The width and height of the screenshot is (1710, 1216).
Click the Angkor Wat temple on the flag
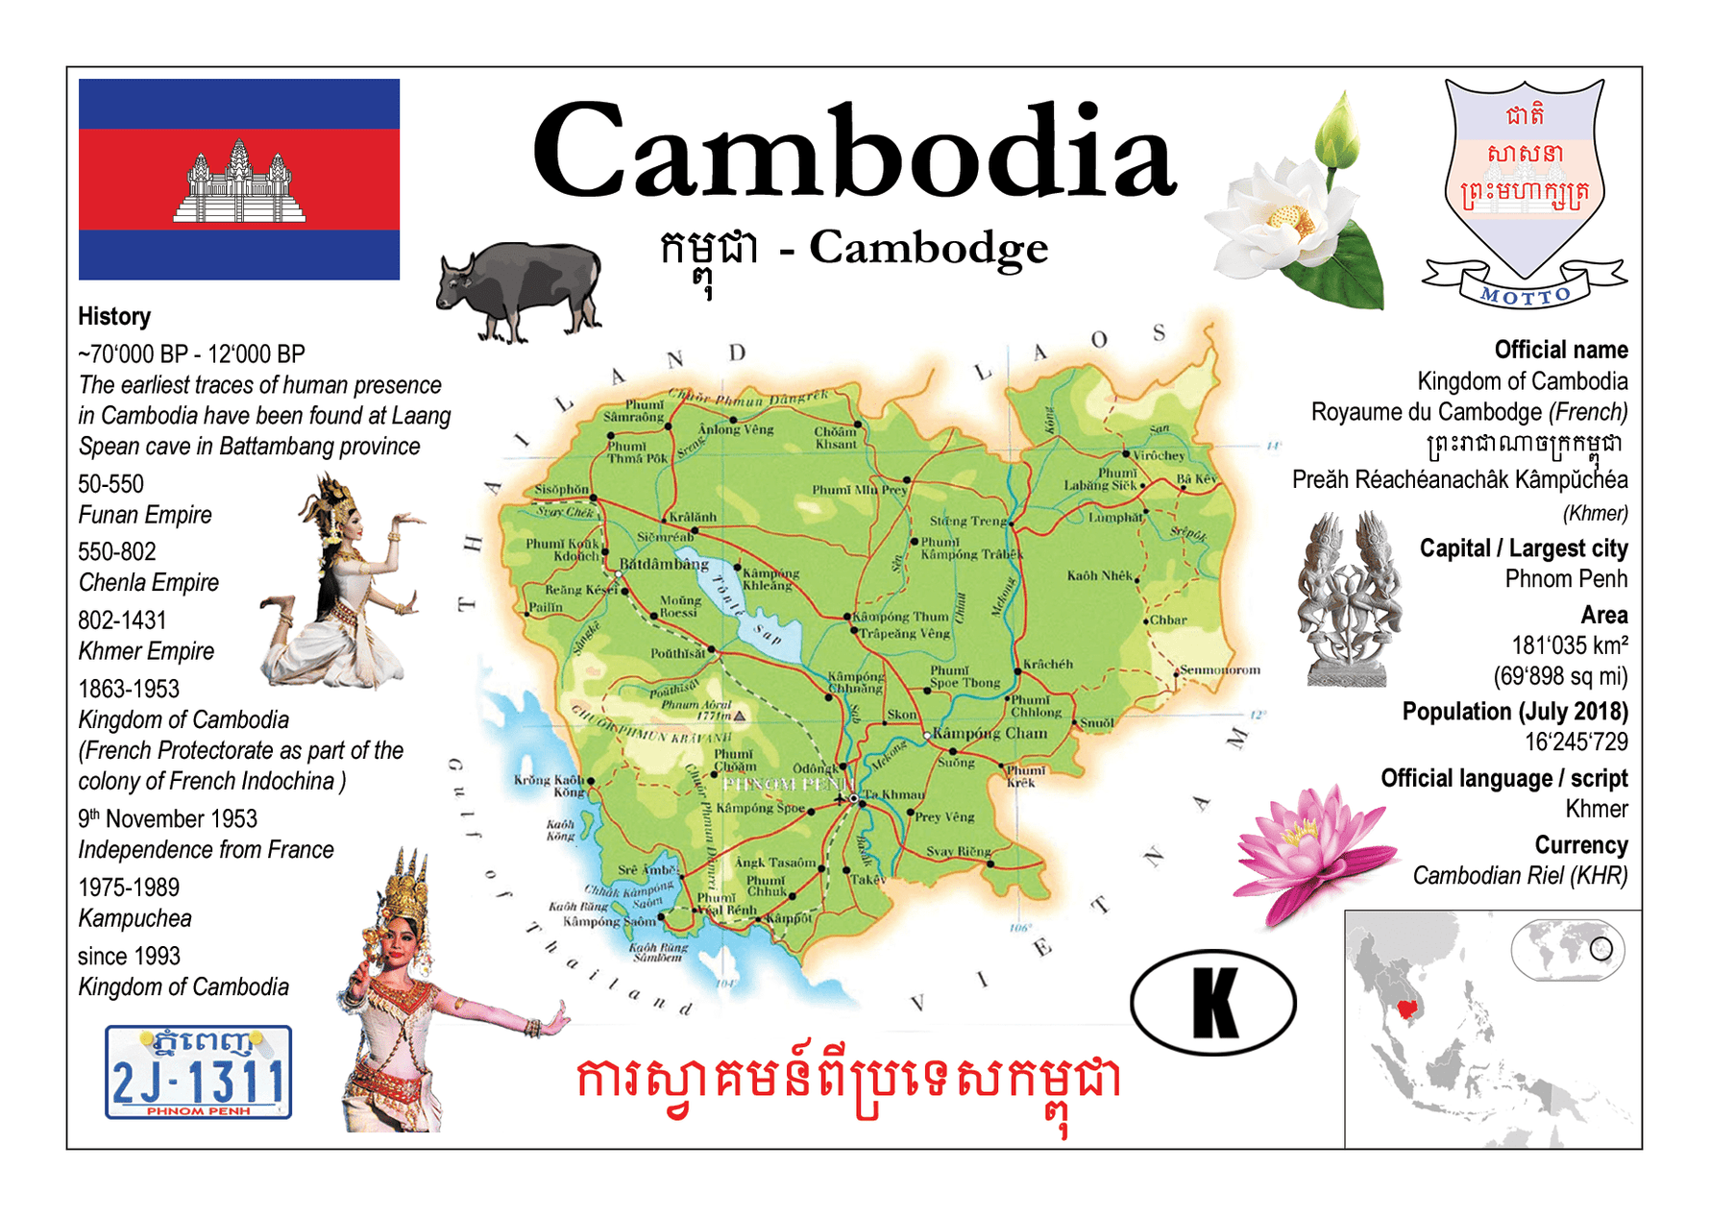point(239,183)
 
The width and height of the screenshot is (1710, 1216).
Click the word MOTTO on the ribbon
point(1526,296)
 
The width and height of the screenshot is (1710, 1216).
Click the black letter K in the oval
point(1214,1003)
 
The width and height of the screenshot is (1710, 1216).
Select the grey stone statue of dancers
point(1348,597)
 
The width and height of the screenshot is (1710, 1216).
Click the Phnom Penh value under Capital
point(1566,579)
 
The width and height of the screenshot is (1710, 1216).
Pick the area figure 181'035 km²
point(1570,645)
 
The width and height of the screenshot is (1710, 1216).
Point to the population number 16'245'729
point(1576,742)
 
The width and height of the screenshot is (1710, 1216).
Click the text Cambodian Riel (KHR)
point(1520,876)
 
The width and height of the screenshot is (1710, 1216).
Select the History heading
point(114,316)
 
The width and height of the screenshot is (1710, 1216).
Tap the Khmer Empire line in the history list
point(146,651)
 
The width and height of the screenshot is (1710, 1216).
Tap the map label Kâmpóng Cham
point(989,734)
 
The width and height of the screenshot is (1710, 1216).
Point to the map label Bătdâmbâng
point(664,564)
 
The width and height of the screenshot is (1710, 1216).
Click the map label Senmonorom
point(1220,669)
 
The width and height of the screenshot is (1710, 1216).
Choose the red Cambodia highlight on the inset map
point(1409,1009)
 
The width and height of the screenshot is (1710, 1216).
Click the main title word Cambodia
point(854,154)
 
